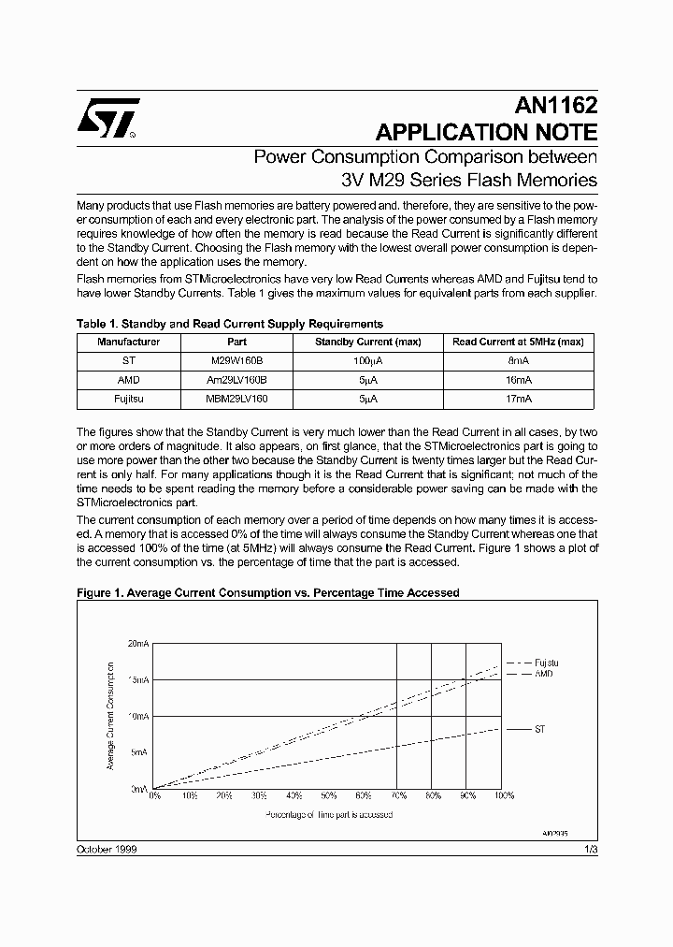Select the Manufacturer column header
click(x=129, y=342)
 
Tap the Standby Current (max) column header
click(x=366, y=342)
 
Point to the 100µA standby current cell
click(x=366, y=361)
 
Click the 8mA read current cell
click(x=518, y=361)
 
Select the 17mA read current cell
click(x=518, y=399)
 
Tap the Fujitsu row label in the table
click(x=129, y=399)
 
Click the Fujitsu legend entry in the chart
click(x=546, y=663)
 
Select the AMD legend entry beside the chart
click(x=543, y=674)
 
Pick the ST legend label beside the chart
click(x=539, y=728)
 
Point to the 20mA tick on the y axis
click(x=137, y=644)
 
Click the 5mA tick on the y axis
click(x=139, y=752)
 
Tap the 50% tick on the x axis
click(x=328, y=796)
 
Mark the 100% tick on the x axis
click(x=503, y=796)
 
